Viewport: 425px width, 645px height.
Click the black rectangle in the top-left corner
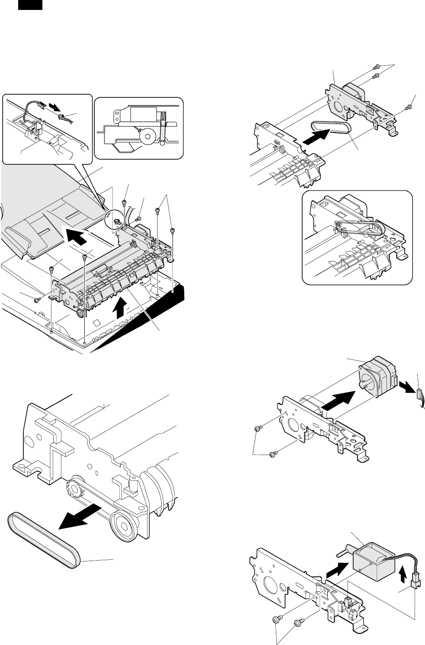click(x=30, y=5)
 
